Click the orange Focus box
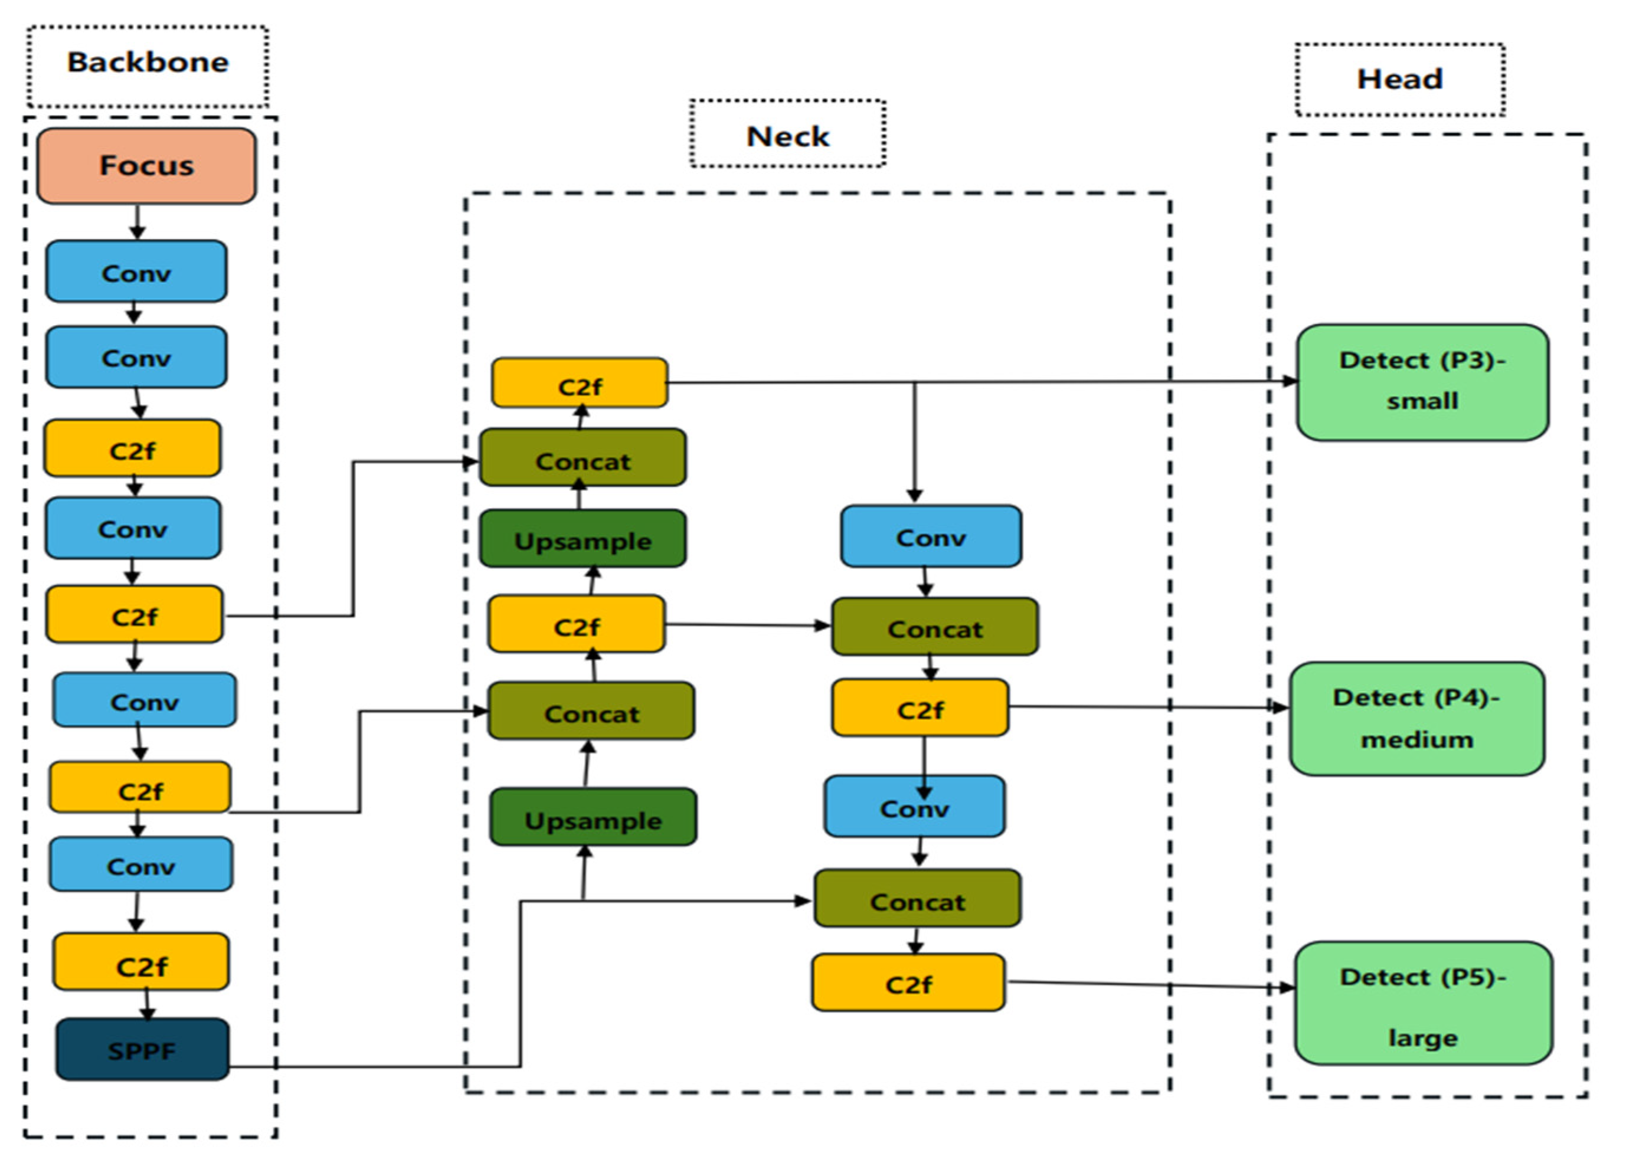click(x=146, y=166)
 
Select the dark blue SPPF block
click(x=142, y=1050)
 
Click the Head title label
click(x=1399, y=79)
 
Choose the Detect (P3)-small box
click(x=1422, y=382)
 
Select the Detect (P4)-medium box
click(x=1416, y=719)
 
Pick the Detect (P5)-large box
click(x=1423, y=1003)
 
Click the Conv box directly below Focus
click(x=136, y=271)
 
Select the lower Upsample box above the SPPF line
click(x=593, y=817)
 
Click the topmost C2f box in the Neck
click(x=579, y=384)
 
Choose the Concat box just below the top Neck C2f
click(x=582, y=458)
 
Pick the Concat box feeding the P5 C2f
click(x=917, y=899)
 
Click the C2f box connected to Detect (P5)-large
click(x=908, y=982)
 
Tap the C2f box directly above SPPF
click(x=141, y=962)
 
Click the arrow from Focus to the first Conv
click(x=138, y=222)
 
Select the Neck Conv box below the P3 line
click(x=931, y=536)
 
